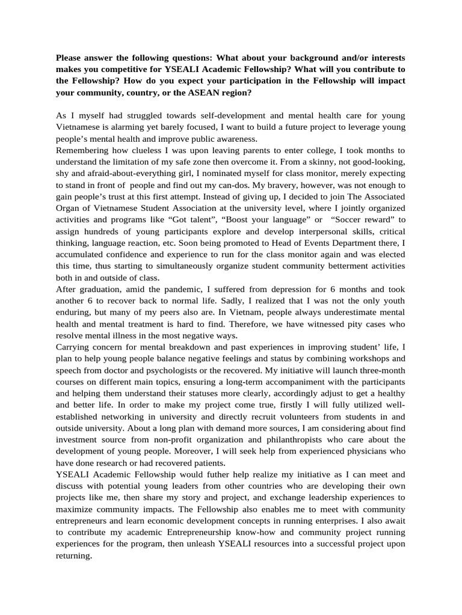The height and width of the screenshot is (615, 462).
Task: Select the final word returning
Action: (73, 556)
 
